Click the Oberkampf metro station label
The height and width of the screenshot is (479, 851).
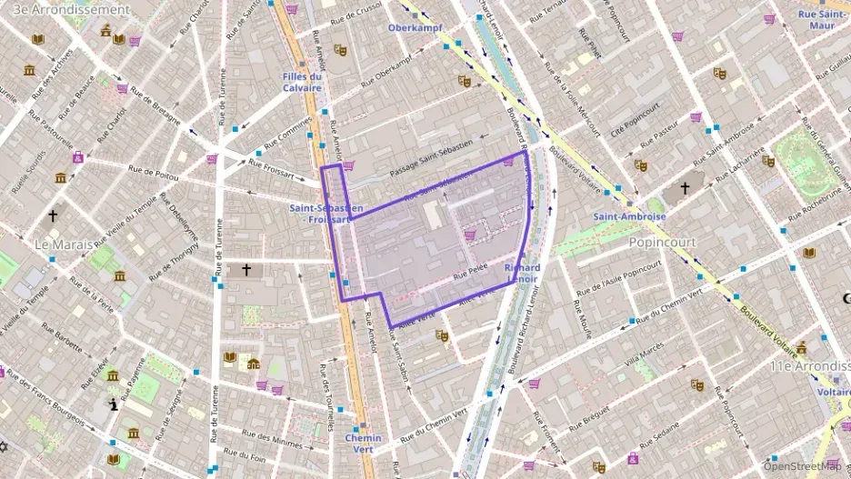(415, 27)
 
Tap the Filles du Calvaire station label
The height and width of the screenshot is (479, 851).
(302, 82)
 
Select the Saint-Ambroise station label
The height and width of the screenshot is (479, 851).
(629, 216)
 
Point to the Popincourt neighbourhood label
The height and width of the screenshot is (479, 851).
(662, 243)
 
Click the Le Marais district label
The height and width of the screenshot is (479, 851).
(63, 245)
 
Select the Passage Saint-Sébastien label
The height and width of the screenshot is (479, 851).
(431, 158)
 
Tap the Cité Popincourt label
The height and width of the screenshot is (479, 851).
(634, 125)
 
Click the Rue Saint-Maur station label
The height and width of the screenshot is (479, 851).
(822, 19)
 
